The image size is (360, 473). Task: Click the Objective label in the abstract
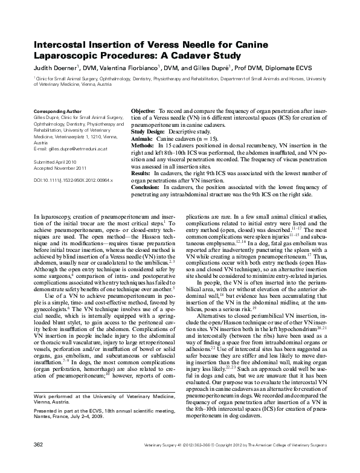click(143, 112)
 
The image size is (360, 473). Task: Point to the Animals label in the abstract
click(142, 138)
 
